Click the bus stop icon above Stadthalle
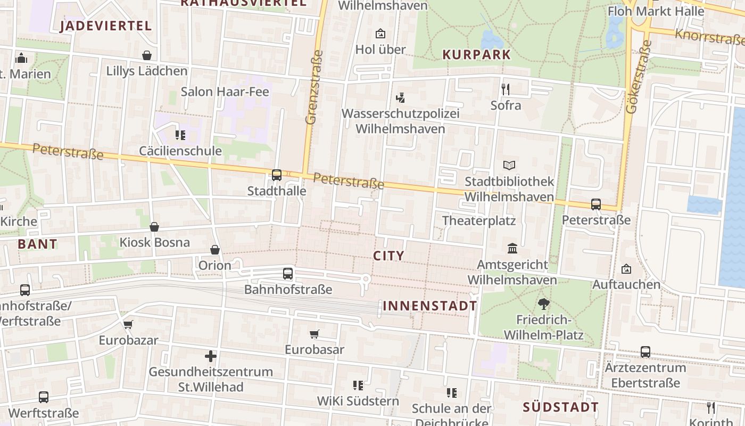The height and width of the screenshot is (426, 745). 277,175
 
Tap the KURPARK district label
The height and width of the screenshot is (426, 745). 476,54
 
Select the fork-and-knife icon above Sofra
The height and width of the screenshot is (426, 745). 506,89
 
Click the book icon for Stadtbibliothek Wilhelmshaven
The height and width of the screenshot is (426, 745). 509,165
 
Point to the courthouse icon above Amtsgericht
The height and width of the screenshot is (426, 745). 512,248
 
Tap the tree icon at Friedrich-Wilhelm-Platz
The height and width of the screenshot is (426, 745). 543,304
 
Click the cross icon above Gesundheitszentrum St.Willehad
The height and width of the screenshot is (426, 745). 211,356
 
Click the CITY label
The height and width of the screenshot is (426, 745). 389,256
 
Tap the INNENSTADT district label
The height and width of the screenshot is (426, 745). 430,306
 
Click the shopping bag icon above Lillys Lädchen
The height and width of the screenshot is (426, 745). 147,55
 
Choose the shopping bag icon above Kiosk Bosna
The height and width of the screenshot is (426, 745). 154,227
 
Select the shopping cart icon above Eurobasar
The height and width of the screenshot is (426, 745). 314,334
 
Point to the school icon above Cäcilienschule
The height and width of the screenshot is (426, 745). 180,135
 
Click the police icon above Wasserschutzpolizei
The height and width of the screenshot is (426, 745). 400,97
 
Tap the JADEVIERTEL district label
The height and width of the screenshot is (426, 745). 106,26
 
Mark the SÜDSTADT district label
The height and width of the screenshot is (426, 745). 561,407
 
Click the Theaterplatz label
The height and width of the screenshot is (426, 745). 479,220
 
